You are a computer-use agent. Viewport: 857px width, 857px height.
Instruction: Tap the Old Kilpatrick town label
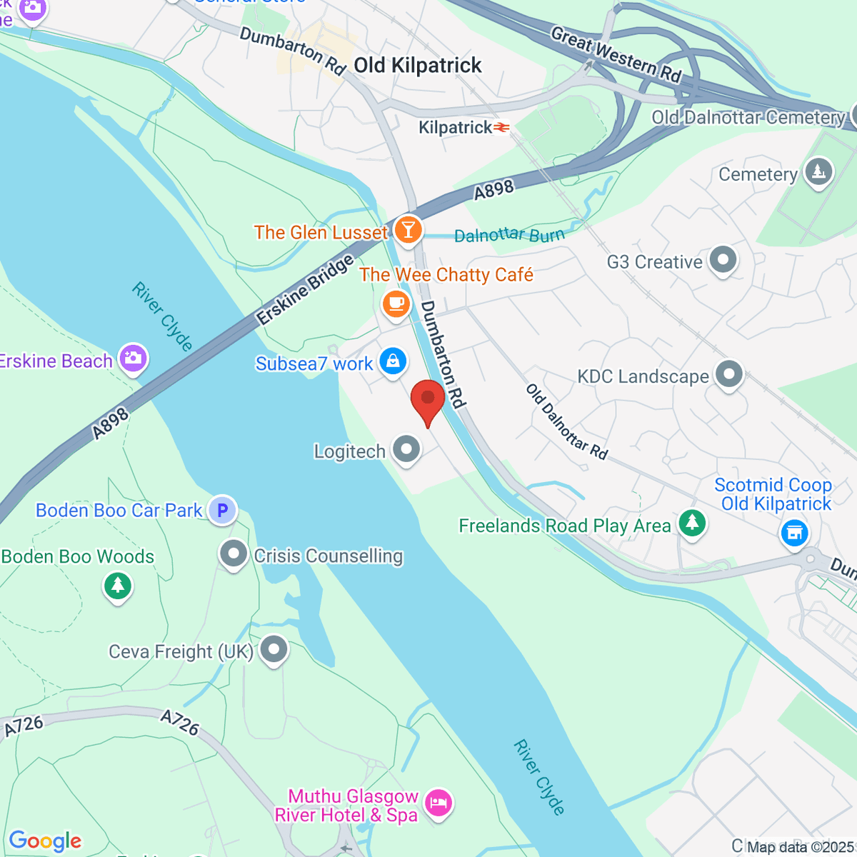pyautogui.click(x=418, y=66)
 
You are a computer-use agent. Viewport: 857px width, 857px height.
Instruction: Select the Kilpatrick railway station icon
pyautogui.click(x=503, y=128)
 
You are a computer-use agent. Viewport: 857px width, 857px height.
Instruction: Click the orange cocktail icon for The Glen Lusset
pyautogui.click(x=408, y=230)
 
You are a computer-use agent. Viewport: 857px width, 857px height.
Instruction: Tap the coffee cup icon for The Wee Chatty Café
pyautogui.click(x=396, y=304)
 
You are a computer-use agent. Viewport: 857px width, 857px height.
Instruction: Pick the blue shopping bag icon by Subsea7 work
pyautogui.click(x=393, y=361)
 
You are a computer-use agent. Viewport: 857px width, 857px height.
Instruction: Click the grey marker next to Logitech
pyautogui.click(x=407, y=450)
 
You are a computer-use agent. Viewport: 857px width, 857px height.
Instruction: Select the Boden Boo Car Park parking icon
pyautogui.click(x=222, y=510)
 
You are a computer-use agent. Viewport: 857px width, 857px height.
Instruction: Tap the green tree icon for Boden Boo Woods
pyautogui.click(x=118, y=586)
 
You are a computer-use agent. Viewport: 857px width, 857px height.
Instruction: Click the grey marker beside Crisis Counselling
pyautogui.click(x=234, y=554)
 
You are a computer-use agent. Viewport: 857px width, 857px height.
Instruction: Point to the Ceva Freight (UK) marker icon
pyautogui.click(x=274, y=650)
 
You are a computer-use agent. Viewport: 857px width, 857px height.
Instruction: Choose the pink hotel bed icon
pyautogui.click(x=438, y=803)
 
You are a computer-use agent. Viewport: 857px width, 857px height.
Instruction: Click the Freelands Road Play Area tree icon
pyautogui.click(x=691, y=523)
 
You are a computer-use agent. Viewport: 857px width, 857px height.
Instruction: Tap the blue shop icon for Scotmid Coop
pyautogui.click(x=794, y=532)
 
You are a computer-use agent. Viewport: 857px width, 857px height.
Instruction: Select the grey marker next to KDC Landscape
pyautogui.click(x=729, y=374)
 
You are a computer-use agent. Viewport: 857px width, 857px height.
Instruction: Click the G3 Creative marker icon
pyautogui.click(x=723, y=260)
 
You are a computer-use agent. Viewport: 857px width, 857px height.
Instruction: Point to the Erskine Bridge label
pyautogui.click(x=305, y=290)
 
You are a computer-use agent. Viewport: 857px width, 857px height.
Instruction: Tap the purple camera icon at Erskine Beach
pyautogui.click(x=134, y=359)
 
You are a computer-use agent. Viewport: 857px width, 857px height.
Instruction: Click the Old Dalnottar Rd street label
pyautogui.click(x=567, y=421)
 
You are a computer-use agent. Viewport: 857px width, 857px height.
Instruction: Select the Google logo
pyautogui.click(x=46, y=841)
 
